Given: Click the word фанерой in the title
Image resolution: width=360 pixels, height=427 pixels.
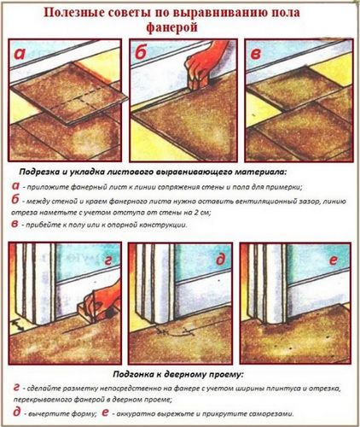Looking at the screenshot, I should click(175, 27).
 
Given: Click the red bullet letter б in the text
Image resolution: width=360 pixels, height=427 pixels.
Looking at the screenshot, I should click(18, 201).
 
